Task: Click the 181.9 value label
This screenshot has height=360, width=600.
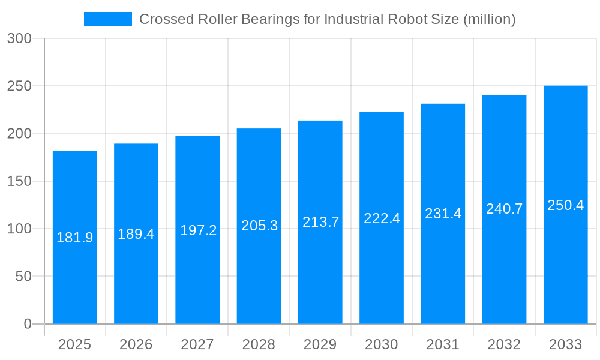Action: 75,238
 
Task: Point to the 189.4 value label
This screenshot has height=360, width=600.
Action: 136,234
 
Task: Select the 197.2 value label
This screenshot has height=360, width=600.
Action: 198,230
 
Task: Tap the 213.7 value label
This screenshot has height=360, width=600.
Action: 320,222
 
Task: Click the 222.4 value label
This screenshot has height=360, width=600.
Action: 382,218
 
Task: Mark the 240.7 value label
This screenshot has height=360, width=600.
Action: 504,209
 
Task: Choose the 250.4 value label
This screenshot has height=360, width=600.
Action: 565,205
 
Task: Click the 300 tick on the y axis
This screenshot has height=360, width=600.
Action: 19,38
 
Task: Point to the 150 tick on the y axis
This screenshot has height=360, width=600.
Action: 19,181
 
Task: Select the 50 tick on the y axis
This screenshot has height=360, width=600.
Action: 23,277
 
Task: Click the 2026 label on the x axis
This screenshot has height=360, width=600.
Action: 136,344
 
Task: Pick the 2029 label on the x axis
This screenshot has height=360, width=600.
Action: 320,344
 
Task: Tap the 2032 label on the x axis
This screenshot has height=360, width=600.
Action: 504,344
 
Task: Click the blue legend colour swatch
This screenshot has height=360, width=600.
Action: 108,19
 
